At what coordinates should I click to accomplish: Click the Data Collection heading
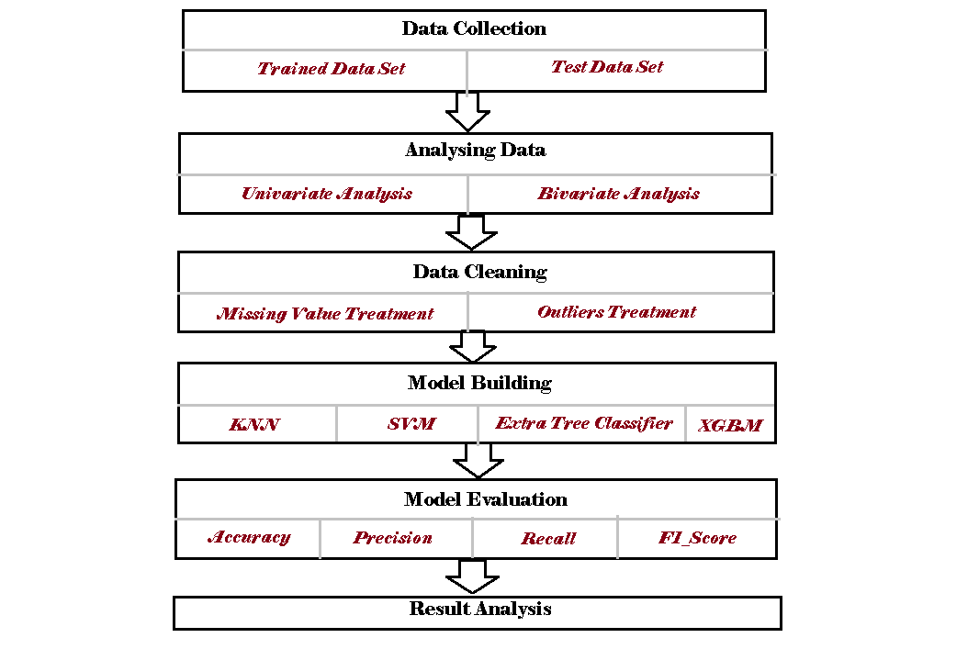[x=474, y=28]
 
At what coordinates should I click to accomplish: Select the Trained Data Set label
[x=331, y=69]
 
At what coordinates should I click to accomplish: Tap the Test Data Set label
[x=607, y=67]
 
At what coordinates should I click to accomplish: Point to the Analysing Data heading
[x=475, y=150]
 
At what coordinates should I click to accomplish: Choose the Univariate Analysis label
[x=326, y=194]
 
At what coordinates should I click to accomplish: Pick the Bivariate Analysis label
[x=618, y=194]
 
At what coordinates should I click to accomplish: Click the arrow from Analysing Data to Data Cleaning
[x=470, y=232]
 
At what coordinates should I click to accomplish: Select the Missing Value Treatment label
[x=324, y=314]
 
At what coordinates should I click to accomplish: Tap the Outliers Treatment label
[x=616, y=312]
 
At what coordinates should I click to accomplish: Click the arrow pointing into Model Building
[x=472, y=347]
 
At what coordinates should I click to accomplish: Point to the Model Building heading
[x=479, y=383]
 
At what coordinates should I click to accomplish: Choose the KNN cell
[x=254, y=425]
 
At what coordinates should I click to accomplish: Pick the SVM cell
[x=410, y=424]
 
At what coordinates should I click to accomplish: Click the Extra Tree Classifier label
[x=583, y=423]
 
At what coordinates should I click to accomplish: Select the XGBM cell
[x=729, y=426]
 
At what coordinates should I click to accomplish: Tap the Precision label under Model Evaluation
[x=392, y=538]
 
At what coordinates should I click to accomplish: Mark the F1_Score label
[x=697, y=538]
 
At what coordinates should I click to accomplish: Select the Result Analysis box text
[x=480, y=609]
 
